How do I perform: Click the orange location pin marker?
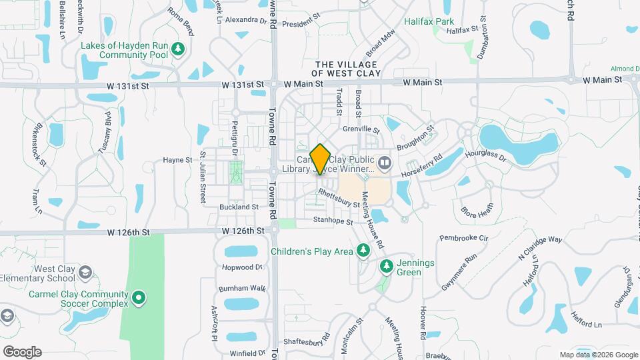point(321,159)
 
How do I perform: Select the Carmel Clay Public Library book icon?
point(384,163)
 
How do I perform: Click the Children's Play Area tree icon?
point(363,251)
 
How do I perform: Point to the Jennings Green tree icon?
point(386,267)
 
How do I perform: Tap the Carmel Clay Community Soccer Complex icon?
point(139,297)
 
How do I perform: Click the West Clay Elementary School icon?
point(85,272)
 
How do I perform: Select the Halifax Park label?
point(429,21)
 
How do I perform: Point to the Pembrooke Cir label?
point(465,237)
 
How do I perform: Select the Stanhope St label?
point(333,219)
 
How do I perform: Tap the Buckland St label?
point(239,207)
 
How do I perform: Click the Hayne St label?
point(177,160)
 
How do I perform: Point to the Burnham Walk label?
point(242,289)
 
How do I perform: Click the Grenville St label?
point(361,129)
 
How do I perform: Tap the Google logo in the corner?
point(22,352)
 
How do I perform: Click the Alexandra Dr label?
point(245,20)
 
